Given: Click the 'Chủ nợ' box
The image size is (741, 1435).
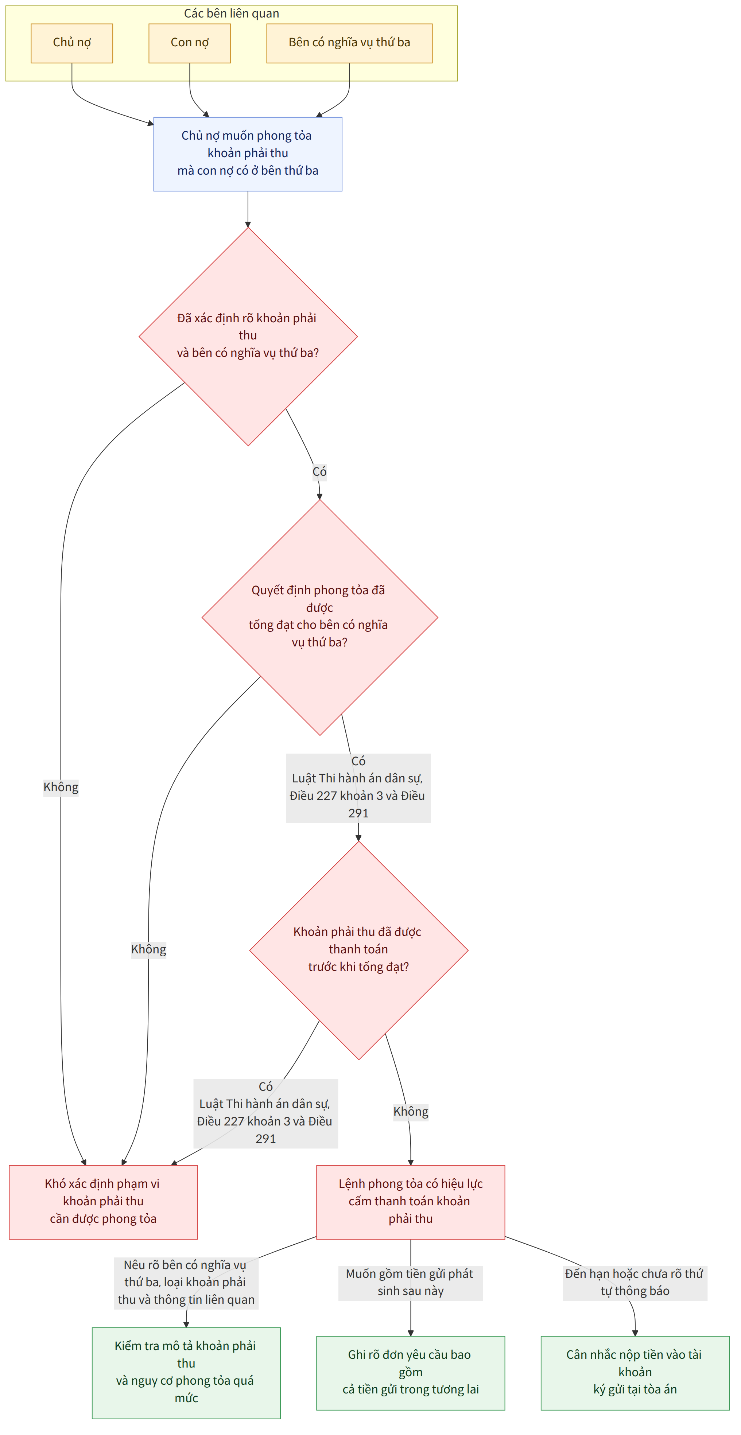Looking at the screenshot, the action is pyautogui.click(x=72, y=43).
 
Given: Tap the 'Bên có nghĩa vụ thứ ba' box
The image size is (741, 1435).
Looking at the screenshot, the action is pyautogui.click(x=349, y=43).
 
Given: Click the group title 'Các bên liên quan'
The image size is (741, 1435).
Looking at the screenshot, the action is pyautogui.click(x=232, y=13).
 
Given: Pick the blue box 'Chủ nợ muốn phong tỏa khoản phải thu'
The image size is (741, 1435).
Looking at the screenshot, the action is pyautogui.click(x=248, y=154).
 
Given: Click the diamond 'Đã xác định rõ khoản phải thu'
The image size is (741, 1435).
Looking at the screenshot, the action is pyautogui.click(x=248, y=337).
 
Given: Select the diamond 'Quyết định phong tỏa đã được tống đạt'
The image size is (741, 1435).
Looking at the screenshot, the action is pyautogui.click(x=320, y=617).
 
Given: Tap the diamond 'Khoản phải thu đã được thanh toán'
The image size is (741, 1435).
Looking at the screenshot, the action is pyautogui.click(x=359, y=950).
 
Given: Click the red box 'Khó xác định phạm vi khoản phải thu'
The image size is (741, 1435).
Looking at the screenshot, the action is pyautogui.click(x=104, y=1202).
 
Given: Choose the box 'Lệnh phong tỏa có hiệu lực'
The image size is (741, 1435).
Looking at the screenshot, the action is pyautogui.click(x=411, y=1202).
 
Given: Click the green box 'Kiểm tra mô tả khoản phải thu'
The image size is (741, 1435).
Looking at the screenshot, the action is pyautogui.click(x=186, y=1373).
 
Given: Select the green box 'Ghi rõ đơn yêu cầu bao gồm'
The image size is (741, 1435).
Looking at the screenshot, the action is pyautogui.click(x=411, y=1373).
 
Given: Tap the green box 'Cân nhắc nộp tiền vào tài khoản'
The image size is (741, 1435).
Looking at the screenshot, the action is pyautogui.click(x=635, y=1373).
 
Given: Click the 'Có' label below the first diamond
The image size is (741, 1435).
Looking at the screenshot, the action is pyautogui.click(x=319, y=472).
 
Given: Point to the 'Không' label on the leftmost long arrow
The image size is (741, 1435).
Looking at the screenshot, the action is pyautogui.click(x=61, y=787).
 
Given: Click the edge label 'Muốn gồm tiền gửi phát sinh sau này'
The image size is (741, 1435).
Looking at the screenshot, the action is pyautogui.click(x=411, y=1282).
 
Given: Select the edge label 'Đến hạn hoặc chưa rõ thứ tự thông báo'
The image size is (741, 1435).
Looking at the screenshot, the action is pyautogui.click(x=635, y=1282).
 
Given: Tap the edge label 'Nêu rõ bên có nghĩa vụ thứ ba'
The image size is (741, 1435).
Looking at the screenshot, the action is pyautogui.click(x=186, y=1282).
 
